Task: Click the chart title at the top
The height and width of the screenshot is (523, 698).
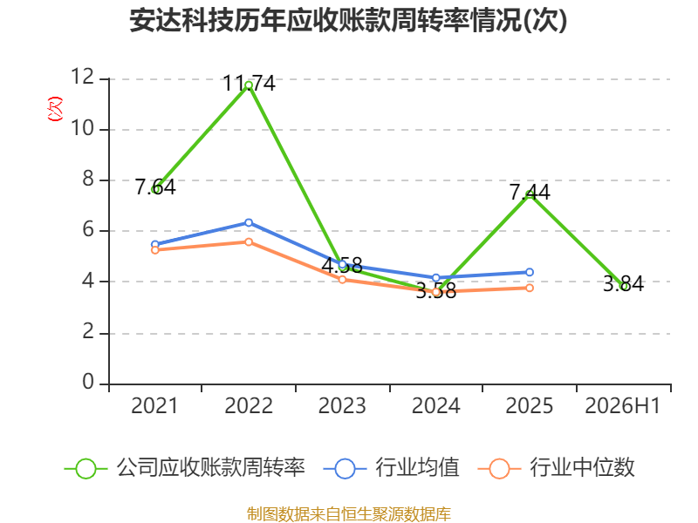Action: point(348,20)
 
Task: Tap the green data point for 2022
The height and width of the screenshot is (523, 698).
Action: point(249,85)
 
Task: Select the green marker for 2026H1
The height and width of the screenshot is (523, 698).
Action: point(624,287)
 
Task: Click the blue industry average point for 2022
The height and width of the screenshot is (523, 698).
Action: point(249,222)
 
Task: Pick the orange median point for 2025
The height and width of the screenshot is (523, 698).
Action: point(530,289)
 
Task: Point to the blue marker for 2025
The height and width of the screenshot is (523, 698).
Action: point(530,272)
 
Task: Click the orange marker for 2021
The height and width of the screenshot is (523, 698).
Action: point(155,250)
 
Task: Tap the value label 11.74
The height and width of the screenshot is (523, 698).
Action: point(249,83)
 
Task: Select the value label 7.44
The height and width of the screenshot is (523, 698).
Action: point(530,192)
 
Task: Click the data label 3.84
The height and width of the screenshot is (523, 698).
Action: point(623,284)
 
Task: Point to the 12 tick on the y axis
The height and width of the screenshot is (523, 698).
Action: point(83,77)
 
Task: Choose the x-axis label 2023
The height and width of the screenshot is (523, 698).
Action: point(342,405)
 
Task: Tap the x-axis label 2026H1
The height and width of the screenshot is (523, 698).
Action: point(622,405)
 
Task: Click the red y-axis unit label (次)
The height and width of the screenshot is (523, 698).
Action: point(55,109)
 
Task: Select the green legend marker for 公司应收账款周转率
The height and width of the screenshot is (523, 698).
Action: point(86,469)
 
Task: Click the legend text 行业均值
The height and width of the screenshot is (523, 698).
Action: point(417,468)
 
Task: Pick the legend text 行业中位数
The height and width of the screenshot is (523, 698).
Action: point(582,468)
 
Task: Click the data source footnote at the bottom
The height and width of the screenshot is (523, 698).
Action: point(349,514)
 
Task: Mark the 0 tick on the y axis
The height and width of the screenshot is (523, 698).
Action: point(89,382)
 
